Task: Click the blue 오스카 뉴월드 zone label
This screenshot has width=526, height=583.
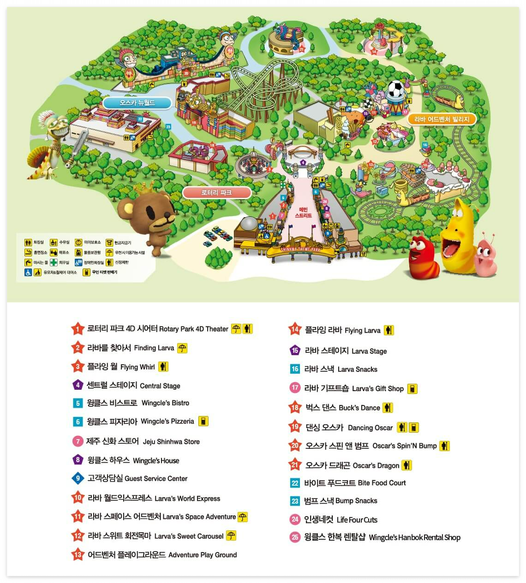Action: click(x=137, y=103)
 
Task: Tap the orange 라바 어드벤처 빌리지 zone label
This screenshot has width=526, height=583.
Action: click(x=442, y=119)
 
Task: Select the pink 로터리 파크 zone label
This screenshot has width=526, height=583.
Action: click(x=216, y=192)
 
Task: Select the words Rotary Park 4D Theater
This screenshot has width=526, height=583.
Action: click(x=193, y=329)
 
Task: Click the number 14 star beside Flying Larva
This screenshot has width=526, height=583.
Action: click(x=294, y=329)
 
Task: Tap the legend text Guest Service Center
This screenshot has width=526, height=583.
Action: click(x=156, y=479)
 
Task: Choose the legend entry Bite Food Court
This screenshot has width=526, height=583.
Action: click(x=382, y=483)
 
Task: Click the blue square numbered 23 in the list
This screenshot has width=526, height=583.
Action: click(x=295, y=501)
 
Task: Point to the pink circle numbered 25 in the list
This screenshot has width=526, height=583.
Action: click(x=295, y=537)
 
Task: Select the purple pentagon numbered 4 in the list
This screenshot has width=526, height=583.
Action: click(x=78, y=385)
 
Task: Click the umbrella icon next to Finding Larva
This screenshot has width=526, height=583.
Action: click(x=182, y=348)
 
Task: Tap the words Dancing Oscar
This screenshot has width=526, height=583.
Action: click(x=370, y=428)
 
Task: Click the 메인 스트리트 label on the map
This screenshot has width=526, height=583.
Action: click(x=303, y=213)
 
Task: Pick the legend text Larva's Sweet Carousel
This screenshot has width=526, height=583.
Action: click(x=189, y=536)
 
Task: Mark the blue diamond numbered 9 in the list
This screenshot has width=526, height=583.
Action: click(x=78, y=478)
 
